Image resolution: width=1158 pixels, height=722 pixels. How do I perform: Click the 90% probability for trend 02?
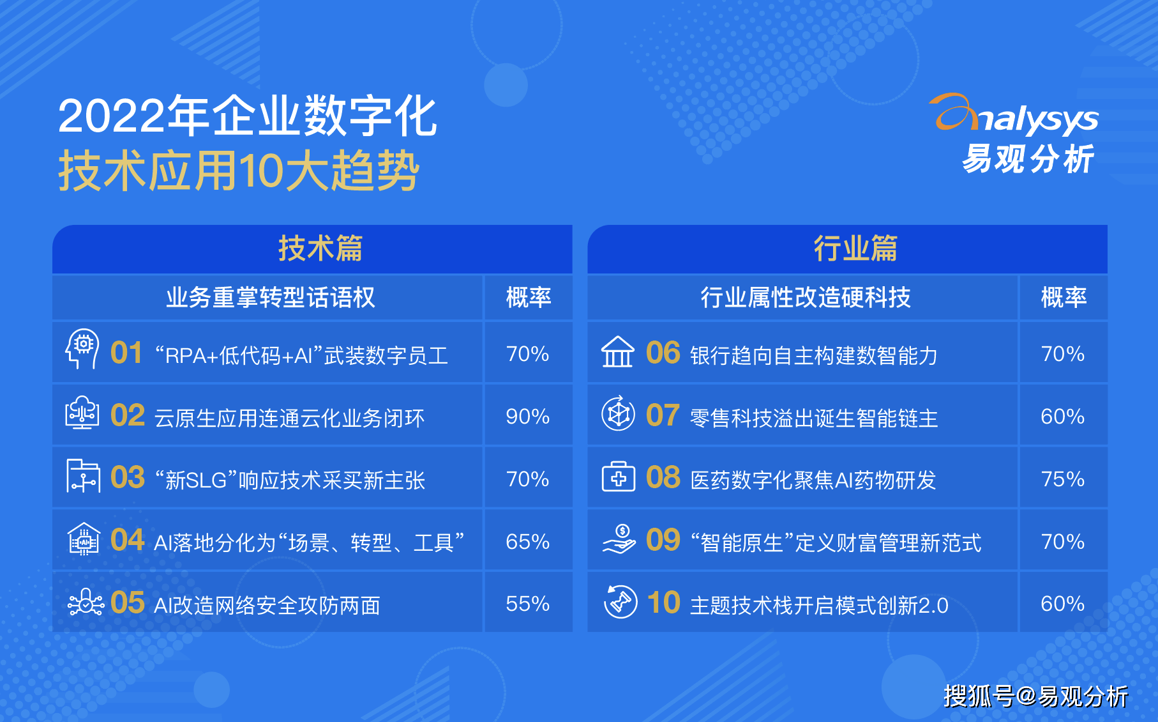click(527, 417)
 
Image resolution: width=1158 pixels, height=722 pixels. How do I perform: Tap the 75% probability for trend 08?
click(1063, 479)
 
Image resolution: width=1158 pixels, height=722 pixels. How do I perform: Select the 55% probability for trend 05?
click(527, 604)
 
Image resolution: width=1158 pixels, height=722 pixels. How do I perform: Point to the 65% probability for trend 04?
click(527, 542)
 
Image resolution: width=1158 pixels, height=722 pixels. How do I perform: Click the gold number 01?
click(126, 353)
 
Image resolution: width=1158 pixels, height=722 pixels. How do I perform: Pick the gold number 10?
click(663, 603)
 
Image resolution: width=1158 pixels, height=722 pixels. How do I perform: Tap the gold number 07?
click(663, 415)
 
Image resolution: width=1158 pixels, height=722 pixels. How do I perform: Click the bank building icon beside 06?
click(617, 351)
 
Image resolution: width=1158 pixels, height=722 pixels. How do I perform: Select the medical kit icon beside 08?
click(618, 477)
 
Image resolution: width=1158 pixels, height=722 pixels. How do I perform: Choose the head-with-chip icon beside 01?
click(82, 348)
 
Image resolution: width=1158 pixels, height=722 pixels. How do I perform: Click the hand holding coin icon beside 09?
click(619, 539)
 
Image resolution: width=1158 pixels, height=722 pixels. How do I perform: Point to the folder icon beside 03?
click(83, 476)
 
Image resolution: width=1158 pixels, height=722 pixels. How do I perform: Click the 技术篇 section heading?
click(320, 249)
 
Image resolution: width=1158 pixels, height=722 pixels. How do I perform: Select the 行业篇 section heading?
click(855, 249)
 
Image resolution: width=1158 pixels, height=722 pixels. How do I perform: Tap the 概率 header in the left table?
click(528, 298)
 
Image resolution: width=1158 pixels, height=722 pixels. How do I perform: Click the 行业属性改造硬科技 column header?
click(806, 298)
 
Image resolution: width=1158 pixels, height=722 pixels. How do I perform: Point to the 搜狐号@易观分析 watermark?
click(1035, 696)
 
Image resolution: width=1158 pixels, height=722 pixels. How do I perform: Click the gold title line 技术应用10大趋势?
click(239, 171)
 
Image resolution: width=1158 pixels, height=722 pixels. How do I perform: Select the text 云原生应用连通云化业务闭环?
click(289, 418)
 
